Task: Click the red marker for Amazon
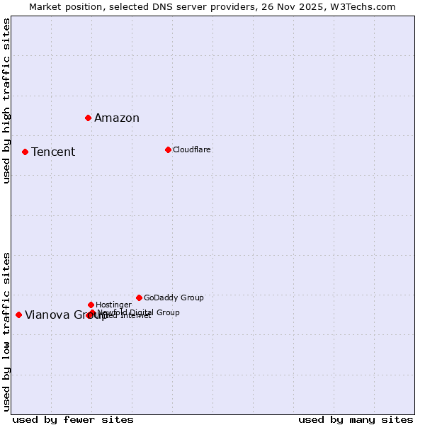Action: [x=88, y=118]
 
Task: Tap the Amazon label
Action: [x=117, y=118]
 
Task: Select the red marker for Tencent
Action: [x=25, y=152]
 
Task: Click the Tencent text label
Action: [x=53, y=152]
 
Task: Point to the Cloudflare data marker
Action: [x=168, y=149]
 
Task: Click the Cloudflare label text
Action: [x=192, y=149]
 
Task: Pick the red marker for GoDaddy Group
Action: [x=139, y=297]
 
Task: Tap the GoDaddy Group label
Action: [x=174, y=297]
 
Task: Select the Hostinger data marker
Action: [x=91, y=305]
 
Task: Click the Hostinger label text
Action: [x=113, y=305]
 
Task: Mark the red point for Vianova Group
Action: [x=18, y=314]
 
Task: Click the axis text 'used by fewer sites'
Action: [x=73, y=419]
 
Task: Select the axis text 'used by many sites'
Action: [x=356, y=419]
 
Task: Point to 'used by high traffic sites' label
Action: [x=7, y=101]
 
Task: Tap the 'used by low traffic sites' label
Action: [x=7, y=331]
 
